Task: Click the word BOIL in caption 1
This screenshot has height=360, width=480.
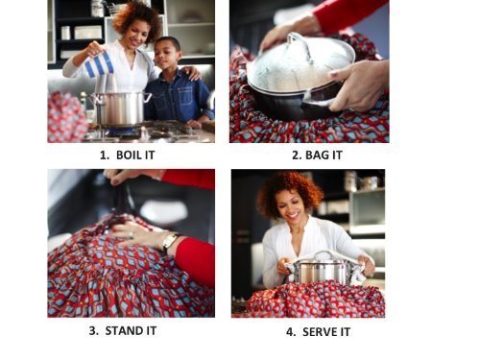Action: pos(129,156)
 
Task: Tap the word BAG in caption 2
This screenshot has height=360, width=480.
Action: pos(316,156)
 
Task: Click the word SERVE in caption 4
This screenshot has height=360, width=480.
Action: pos(319,332)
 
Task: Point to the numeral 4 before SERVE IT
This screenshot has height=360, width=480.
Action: pos(290,332)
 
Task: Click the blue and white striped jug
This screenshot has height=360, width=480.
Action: pos(99,64)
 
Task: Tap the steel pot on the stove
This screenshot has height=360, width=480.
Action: pos(119,108)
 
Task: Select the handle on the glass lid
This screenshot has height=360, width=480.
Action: pos(300,46)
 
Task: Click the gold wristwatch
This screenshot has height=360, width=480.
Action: pos(169,243)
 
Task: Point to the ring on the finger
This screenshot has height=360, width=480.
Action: pos(132,234)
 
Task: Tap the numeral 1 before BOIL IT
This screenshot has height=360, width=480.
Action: pos(105,156)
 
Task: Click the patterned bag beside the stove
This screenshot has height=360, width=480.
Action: pos(66,117)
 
